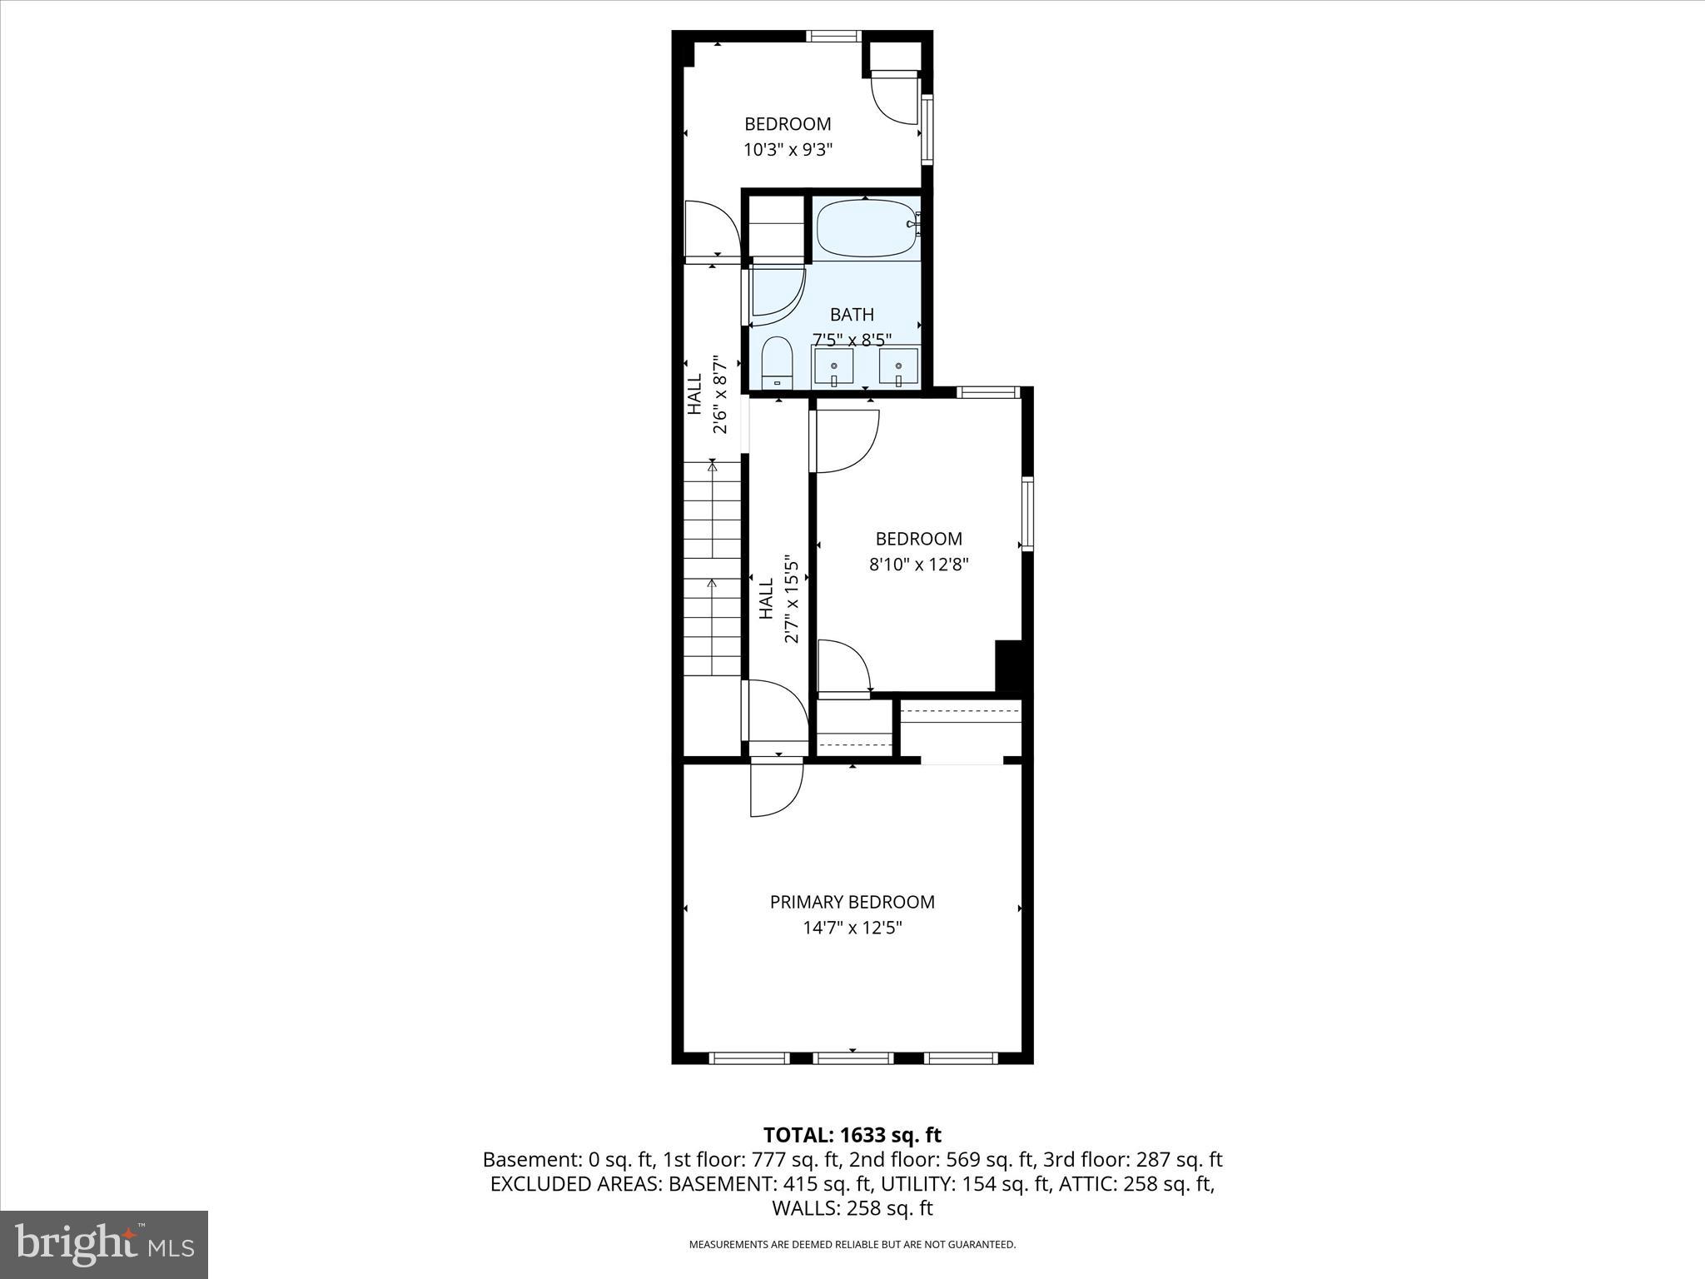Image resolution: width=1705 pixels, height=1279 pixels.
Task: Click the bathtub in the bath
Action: click(x=867, y=228)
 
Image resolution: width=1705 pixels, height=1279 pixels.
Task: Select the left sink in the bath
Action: click(x=833, y=367)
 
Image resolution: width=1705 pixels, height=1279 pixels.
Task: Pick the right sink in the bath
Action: click(x=898, y=367)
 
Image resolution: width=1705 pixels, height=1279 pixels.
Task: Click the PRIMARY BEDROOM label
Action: click(x=852, y=902)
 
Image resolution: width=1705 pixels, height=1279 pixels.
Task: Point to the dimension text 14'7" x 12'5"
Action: click(x=852, y=928)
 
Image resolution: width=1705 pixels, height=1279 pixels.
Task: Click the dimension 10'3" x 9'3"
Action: click(x=788, y=150)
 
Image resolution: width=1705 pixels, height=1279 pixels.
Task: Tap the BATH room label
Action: click(x=852, y=315)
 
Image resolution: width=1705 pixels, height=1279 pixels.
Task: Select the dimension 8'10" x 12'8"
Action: click(x=918, y=565)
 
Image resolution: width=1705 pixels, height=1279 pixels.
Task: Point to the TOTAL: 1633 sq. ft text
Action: click(x=852, y=1135)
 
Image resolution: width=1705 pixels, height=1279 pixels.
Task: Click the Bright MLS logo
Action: click(x=104, y=1244)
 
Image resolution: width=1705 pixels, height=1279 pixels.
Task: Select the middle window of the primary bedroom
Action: click(x=852, y=1058)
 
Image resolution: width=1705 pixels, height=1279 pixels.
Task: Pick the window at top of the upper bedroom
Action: click(x=833, y=36)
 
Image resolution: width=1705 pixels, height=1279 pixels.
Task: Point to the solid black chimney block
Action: click(x=1008, y=665)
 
